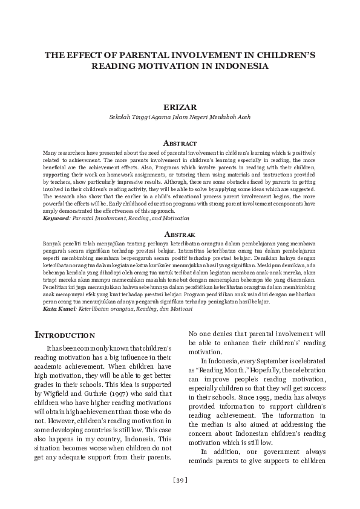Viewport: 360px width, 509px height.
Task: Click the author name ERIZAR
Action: tap(180, 107)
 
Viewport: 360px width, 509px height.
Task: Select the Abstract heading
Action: tap(180, 143)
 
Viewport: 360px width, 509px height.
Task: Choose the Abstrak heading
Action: tap(180, 233)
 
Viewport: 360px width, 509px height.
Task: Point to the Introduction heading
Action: tap(65, 334)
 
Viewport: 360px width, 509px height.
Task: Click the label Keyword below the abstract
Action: tap(56, 218)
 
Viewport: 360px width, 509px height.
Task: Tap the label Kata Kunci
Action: tap(59, 308)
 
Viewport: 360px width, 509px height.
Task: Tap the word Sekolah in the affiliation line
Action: tap(119, 117)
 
